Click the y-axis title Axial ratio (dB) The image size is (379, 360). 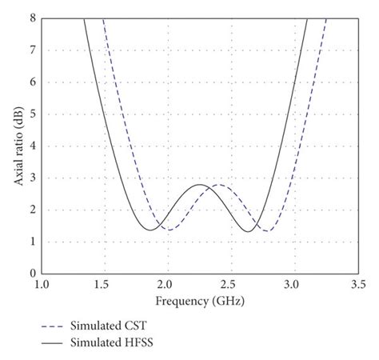pos(18,146)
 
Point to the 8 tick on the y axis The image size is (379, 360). pos(31,18)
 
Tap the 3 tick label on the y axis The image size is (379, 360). pos(31,178)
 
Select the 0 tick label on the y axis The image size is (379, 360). pos(31,274)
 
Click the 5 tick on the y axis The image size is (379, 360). pos(31,114)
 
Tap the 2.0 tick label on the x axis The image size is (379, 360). pos(166,284)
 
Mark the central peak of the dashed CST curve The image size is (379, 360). pos(219,185)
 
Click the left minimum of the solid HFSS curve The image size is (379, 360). pos(150,230)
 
